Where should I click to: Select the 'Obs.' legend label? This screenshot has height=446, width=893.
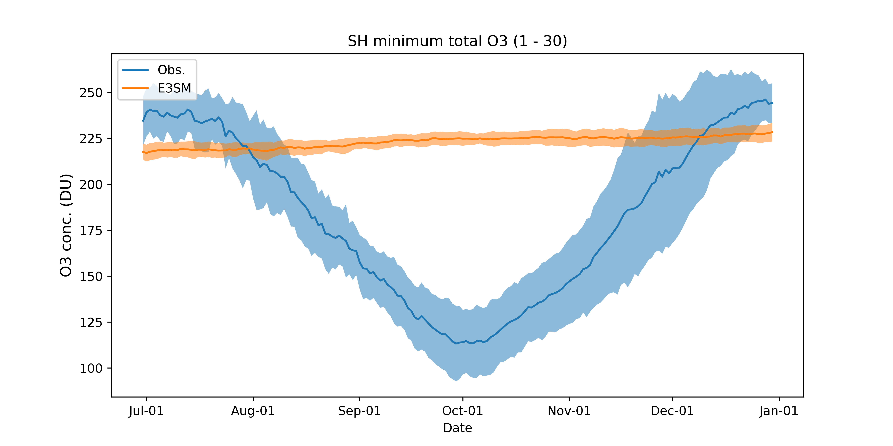[x=171, y=70]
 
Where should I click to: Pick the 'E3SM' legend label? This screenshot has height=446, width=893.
[x=174, y=89]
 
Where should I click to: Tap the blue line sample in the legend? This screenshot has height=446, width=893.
[x=135, y=70]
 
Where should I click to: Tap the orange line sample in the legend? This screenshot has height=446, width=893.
[x=135, y=88]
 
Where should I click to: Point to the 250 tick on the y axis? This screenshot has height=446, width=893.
[x=91, y=93]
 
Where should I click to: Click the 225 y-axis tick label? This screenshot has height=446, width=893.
[x=91, y=139]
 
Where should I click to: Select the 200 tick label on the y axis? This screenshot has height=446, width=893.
[x=91, y=184]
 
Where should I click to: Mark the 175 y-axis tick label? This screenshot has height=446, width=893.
[x=91, y=231]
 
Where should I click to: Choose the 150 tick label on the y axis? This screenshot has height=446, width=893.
[x=91, y=276]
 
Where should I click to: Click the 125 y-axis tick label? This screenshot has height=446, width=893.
[x=91, y=322]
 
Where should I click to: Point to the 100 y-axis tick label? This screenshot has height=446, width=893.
[x=91, y=368]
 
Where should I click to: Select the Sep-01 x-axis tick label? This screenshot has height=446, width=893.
[x=359, y=411]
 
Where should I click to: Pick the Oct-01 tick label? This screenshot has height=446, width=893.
[x=462, y=411]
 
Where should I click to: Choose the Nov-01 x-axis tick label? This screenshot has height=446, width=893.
[x=569, y=411]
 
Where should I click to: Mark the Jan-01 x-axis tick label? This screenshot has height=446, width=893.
[x=779, y=411]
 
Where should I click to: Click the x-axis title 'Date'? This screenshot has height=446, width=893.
[x=457, y=428]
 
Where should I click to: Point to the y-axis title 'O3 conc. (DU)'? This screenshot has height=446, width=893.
[x=66, y=225]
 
